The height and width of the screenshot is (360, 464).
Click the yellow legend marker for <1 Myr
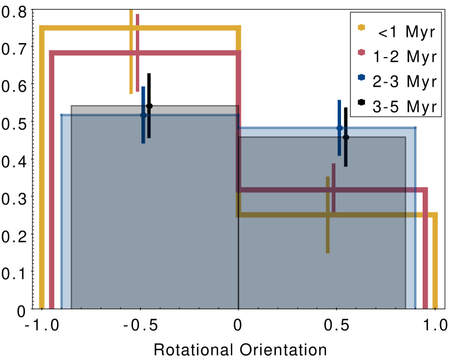tap(361, 27)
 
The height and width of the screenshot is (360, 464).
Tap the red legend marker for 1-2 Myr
tap(361, 52)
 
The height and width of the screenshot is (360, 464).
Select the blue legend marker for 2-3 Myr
tap(361, 77)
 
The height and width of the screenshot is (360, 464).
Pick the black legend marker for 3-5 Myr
tap(361, 102)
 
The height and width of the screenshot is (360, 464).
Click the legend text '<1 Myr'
tap(406, 32)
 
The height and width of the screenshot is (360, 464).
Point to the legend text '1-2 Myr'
tap(405, 57)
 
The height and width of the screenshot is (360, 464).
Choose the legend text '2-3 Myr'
tap(405, 82)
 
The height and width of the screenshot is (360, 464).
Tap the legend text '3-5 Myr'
tap(405, 107)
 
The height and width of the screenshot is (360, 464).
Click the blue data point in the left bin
tap(143, 115)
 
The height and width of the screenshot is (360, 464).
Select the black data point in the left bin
tap(149, 106)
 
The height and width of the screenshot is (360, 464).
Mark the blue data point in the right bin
tap(339, 128)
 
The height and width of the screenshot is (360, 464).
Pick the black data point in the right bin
tap(345, 137)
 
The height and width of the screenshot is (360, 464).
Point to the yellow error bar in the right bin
tap(328, 235)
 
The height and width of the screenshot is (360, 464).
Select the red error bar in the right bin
tap(334, 173)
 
